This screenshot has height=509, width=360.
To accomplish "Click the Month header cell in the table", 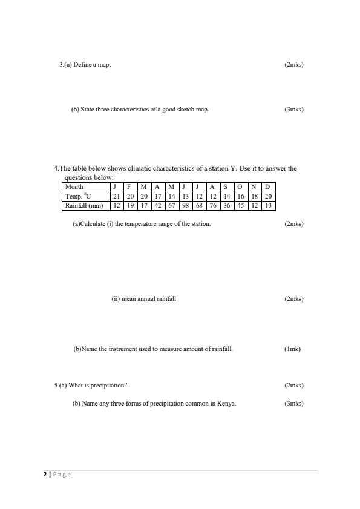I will point(74,186).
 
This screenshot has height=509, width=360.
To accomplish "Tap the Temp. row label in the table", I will point(78,196).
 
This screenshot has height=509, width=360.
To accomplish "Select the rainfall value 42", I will point(157,206).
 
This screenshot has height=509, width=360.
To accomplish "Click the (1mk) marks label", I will point(292,349).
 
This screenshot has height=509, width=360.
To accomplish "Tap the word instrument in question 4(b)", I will point(126,349).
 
